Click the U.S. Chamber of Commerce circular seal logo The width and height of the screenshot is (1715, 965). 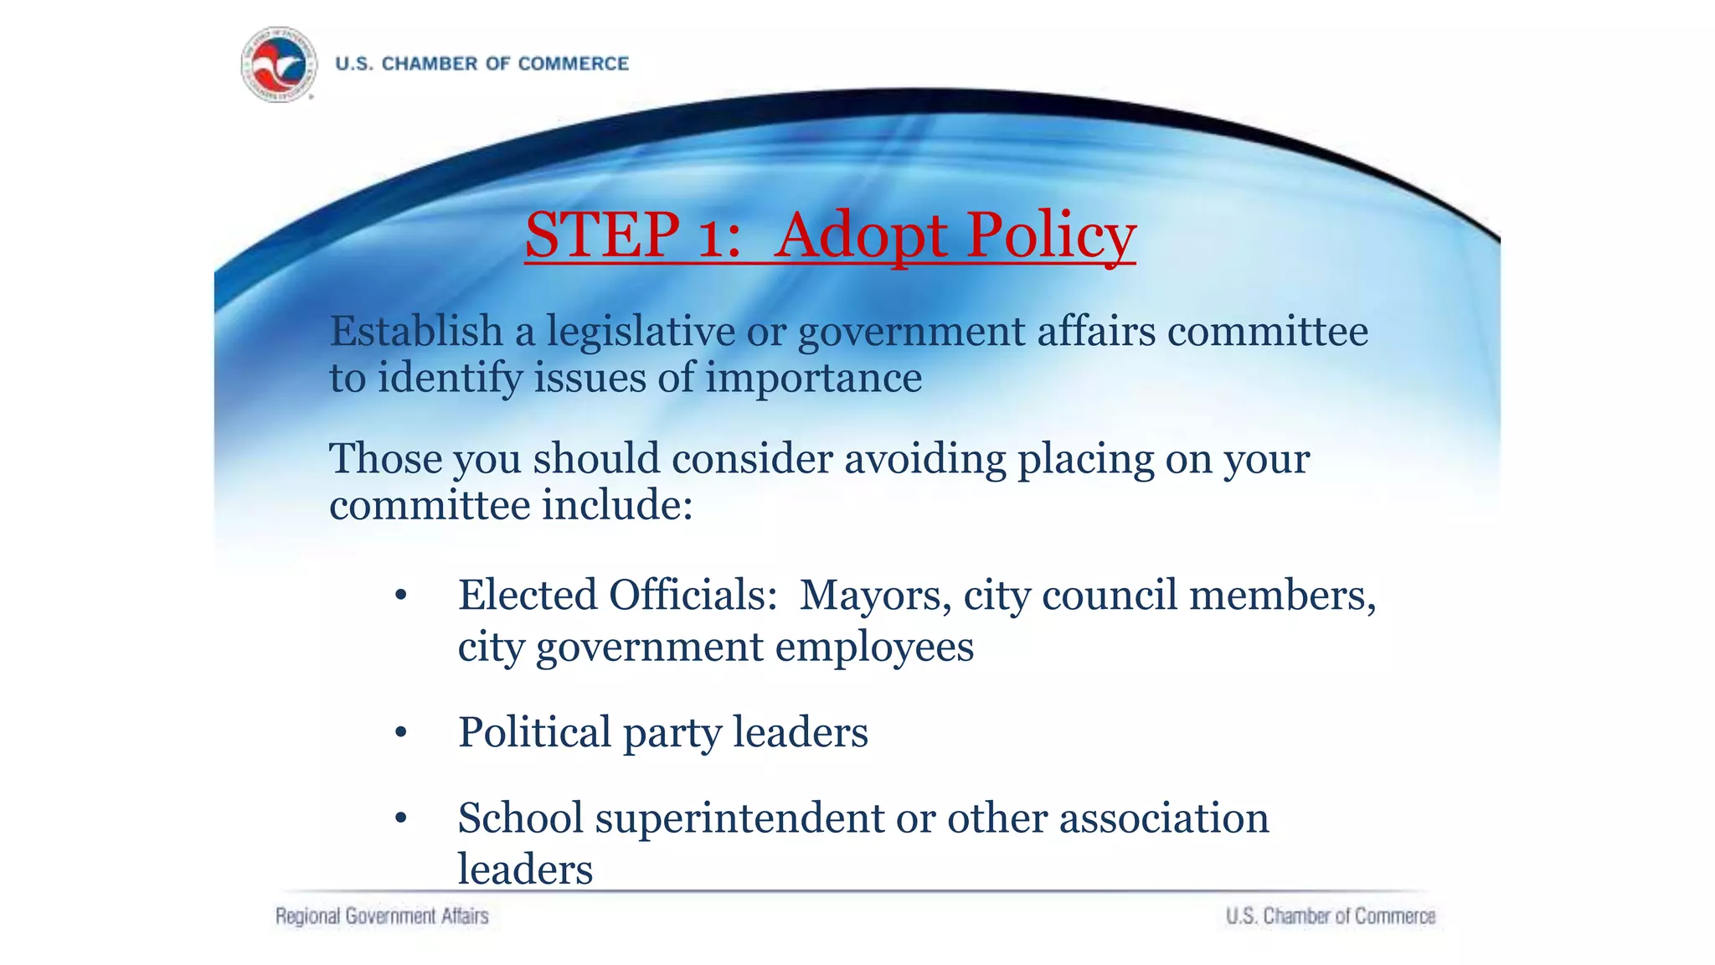(x=279, y=64)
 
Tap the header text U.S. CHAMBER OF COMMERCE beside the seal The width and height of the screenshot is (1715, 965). (x=482, y=64)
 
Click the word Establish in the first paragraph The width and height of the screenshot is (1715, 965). (x=416, y=331)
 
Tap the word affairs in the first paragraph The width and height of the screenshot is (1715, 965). (x=1096, y=331)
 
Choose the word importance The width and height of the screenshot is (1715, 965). (x=813, y=379)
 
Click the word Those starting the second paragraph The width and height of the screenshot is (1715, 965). (x=385, y=459)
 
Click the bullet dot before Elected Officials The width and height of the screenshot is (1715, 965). (x=401, y=596)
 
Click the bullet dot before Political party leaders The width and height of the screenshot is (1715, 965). (x=401, y=733)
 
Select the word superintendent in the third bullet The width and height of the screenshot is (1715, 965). (x=739, y=818)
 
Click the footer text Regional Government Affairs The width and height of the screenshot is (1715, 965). (x=382, y=916)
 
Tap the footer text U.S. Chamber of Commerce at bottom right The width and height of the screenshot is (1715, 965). (x=1331, y=916)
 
